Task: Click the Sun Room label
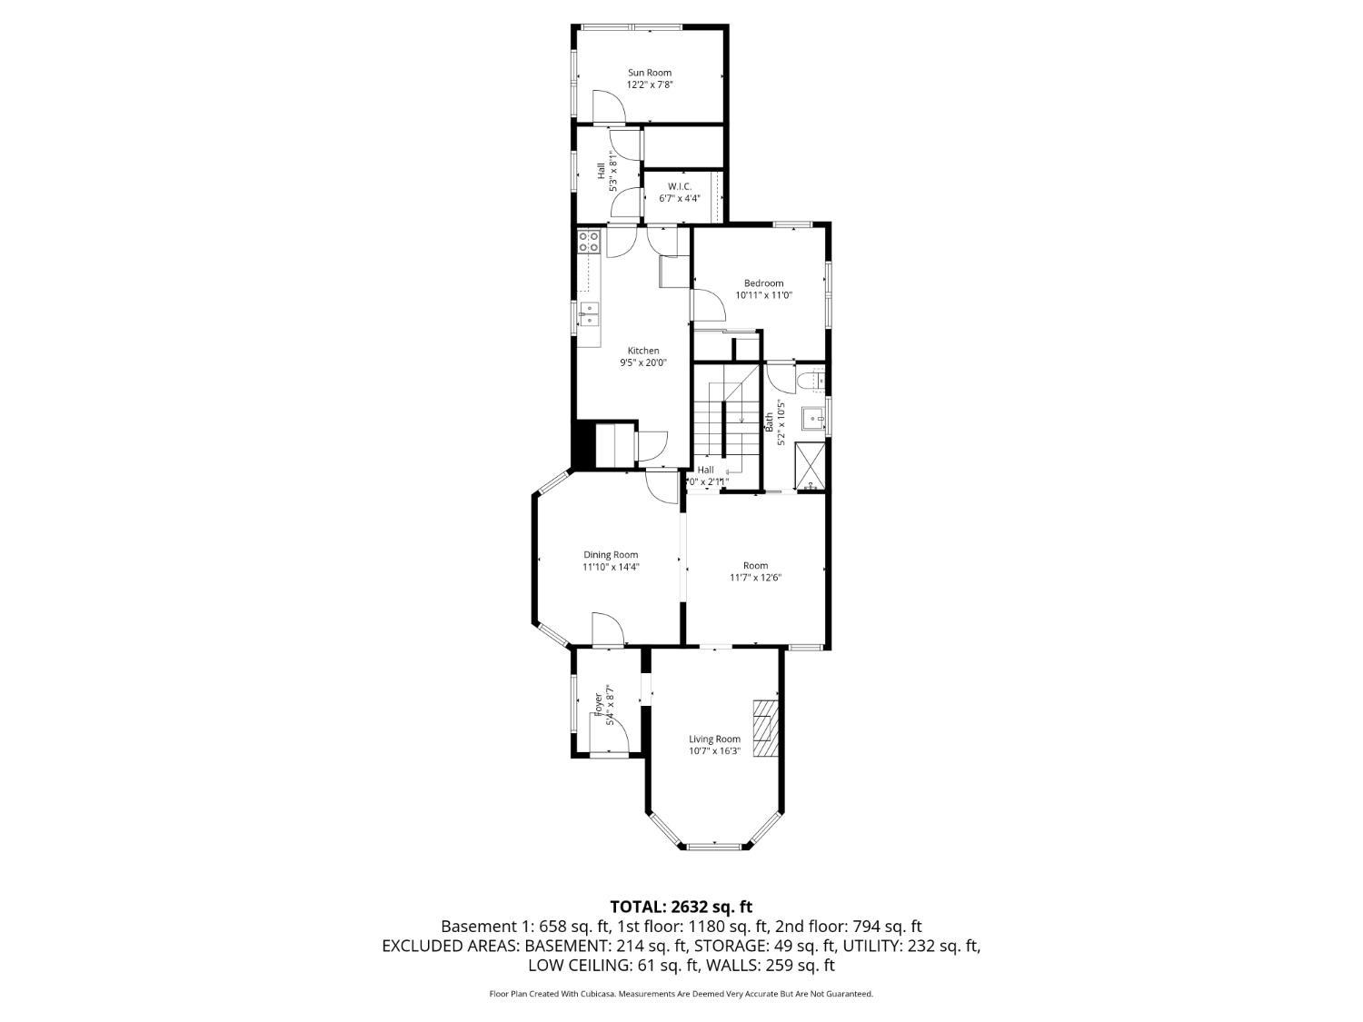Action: [x=649, y=73]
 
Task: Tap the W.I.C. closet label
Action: [x=680, y=186]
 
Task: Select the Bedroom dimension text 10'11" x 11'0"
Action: [x=763, y=295]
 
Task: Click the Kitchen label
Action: [x=643, y=351]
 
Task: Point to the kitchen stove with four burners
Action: [x=589, y=242]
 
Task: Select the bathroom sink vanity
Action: [x=813, y=419]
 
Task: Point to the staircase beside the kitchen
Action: [x=726, y=418]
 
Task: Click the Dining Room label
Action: [x=611, y=555]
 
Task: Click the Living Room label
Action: [x=714, y=739]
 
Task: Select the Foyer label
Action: [x=597, y=704]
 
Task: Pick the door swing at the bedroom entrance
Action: [x=707, y=305]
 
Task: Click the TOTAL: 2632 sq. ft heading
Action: [x=681, y=906]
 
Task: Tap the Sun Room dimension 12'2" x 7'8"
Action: [x=649, y=84]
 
